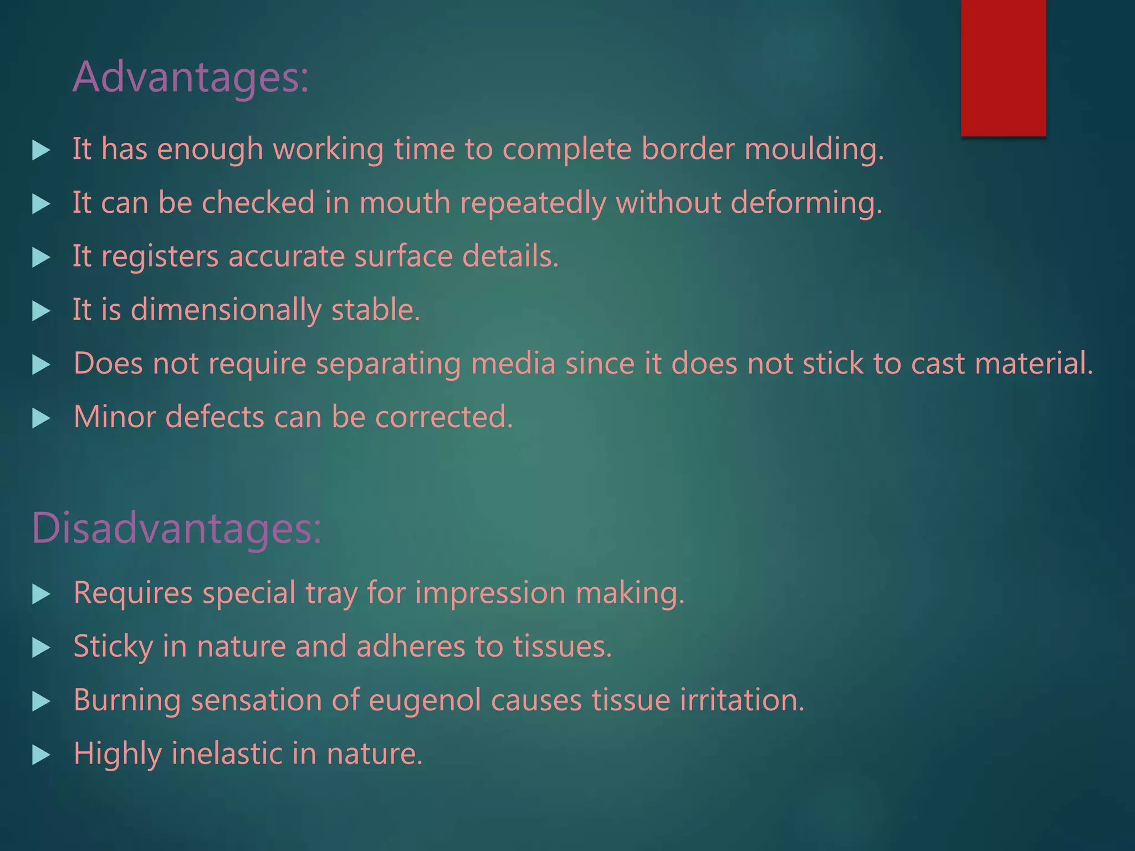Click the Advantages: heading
tap(190, 78)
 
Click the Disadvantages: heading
tap(176, 529)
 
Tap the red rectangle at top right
tap(1003, 68)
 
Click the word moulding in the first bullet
tap(814, 150)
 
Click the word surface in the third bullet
tap(403, 257)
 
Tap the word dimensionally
tap(226, 310)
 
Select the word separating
tap(388, 364)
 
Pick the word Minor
tap(114, 417)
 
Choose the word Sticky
tap(113, 647)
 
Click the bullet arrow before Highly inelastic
tap(41, 755)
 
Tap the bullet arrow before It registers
tap(41, 258)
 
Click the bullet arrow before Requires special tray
tap(41, 594)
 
